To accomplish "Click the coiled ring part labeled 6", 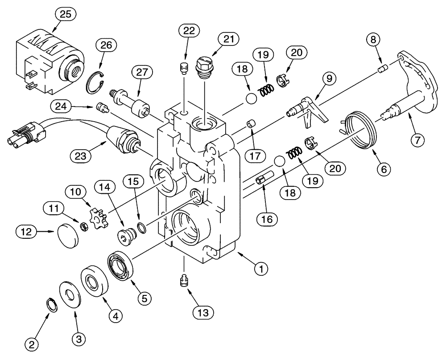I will point(363,131).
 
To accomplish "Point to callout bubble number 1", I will point(261,268).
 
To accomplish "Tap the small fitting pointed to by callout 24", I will point(102,107).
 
